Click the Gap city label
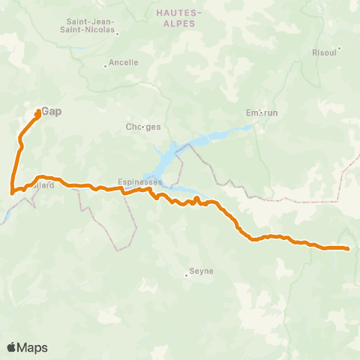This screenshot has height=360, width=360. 51,111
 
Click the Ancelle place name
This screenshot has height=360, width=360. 124,63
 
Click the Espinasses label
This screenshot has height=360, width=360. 135,181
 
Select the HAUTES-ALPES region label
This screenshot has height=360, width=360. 179,18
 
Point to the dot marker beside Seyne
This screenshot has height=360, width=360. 186,275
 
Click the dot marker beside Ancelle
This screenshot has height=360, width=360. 106,65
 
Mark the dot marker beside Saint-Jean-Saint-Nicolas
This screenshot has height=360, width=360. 118,33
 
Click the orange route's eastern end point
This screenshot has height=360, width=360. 349,249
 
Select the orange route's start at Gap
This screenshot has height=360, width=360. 38,112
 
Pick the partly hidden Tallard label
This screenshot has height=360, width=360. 43,185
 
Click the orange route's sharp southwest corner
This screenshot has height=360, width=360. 11,193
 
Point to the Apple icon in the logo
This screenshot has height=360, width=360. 11,347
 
